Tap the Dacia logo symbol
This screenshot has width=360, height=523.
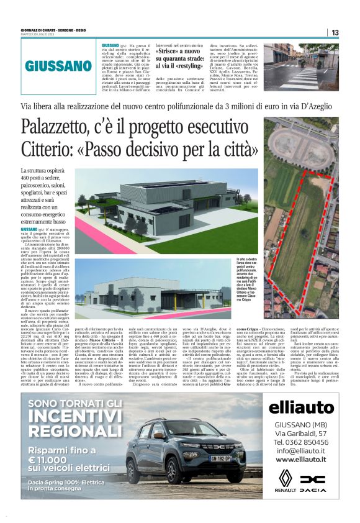(x=313, y=479)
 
